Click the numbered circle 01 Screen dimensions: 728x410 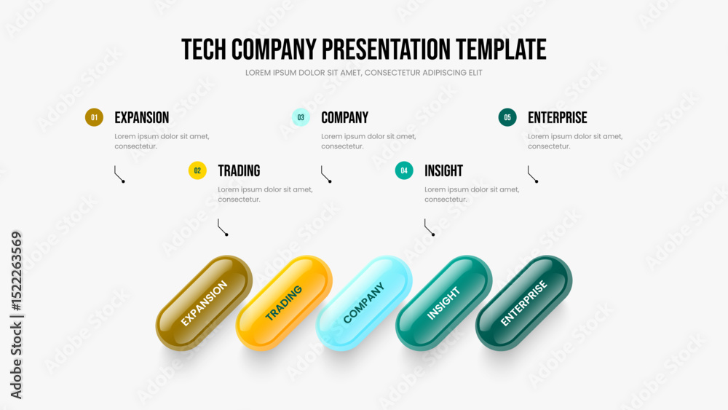[x=94, y=117]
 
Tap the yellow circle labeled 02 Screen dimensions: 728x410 [x=197, y=170]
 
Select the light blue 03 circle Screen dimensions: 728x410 [x=301, y=117]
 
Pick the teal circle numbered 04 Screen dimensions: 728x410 [x=404, y=170]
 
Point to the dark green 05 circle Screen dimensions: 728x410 [x=507, y=117]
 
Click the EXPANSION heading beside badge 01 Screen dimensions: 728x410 [x=142, y=118]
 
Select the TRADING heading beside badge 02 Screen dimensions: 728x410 [x=239, y=171]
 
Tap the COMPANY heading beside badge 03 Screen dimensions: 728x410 [x=345, y=118]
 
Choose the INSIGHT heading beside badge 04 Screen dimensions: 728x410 [x=444, y=171]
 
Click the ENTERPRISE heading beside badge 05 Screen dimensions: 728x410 [x=558, y=118]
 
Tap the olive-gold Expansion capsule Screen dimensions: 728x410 [x=205, y=303]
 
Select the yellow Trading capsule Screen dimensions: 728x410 [x=284, y=303]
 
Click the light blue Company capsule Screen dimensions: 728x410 [x=364, y=303]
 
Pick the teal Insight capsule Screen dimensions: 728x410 [x=444, y=303]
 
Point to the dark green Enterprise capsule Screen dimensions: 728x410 [x=523, y=303]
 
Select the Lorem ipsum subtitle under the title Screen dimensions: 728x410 [x=364, y=73]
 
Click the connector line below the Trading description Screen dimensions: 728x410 [x=221, y=227]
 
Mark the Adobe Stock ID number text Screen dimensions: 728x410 [x=17, y=271]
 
